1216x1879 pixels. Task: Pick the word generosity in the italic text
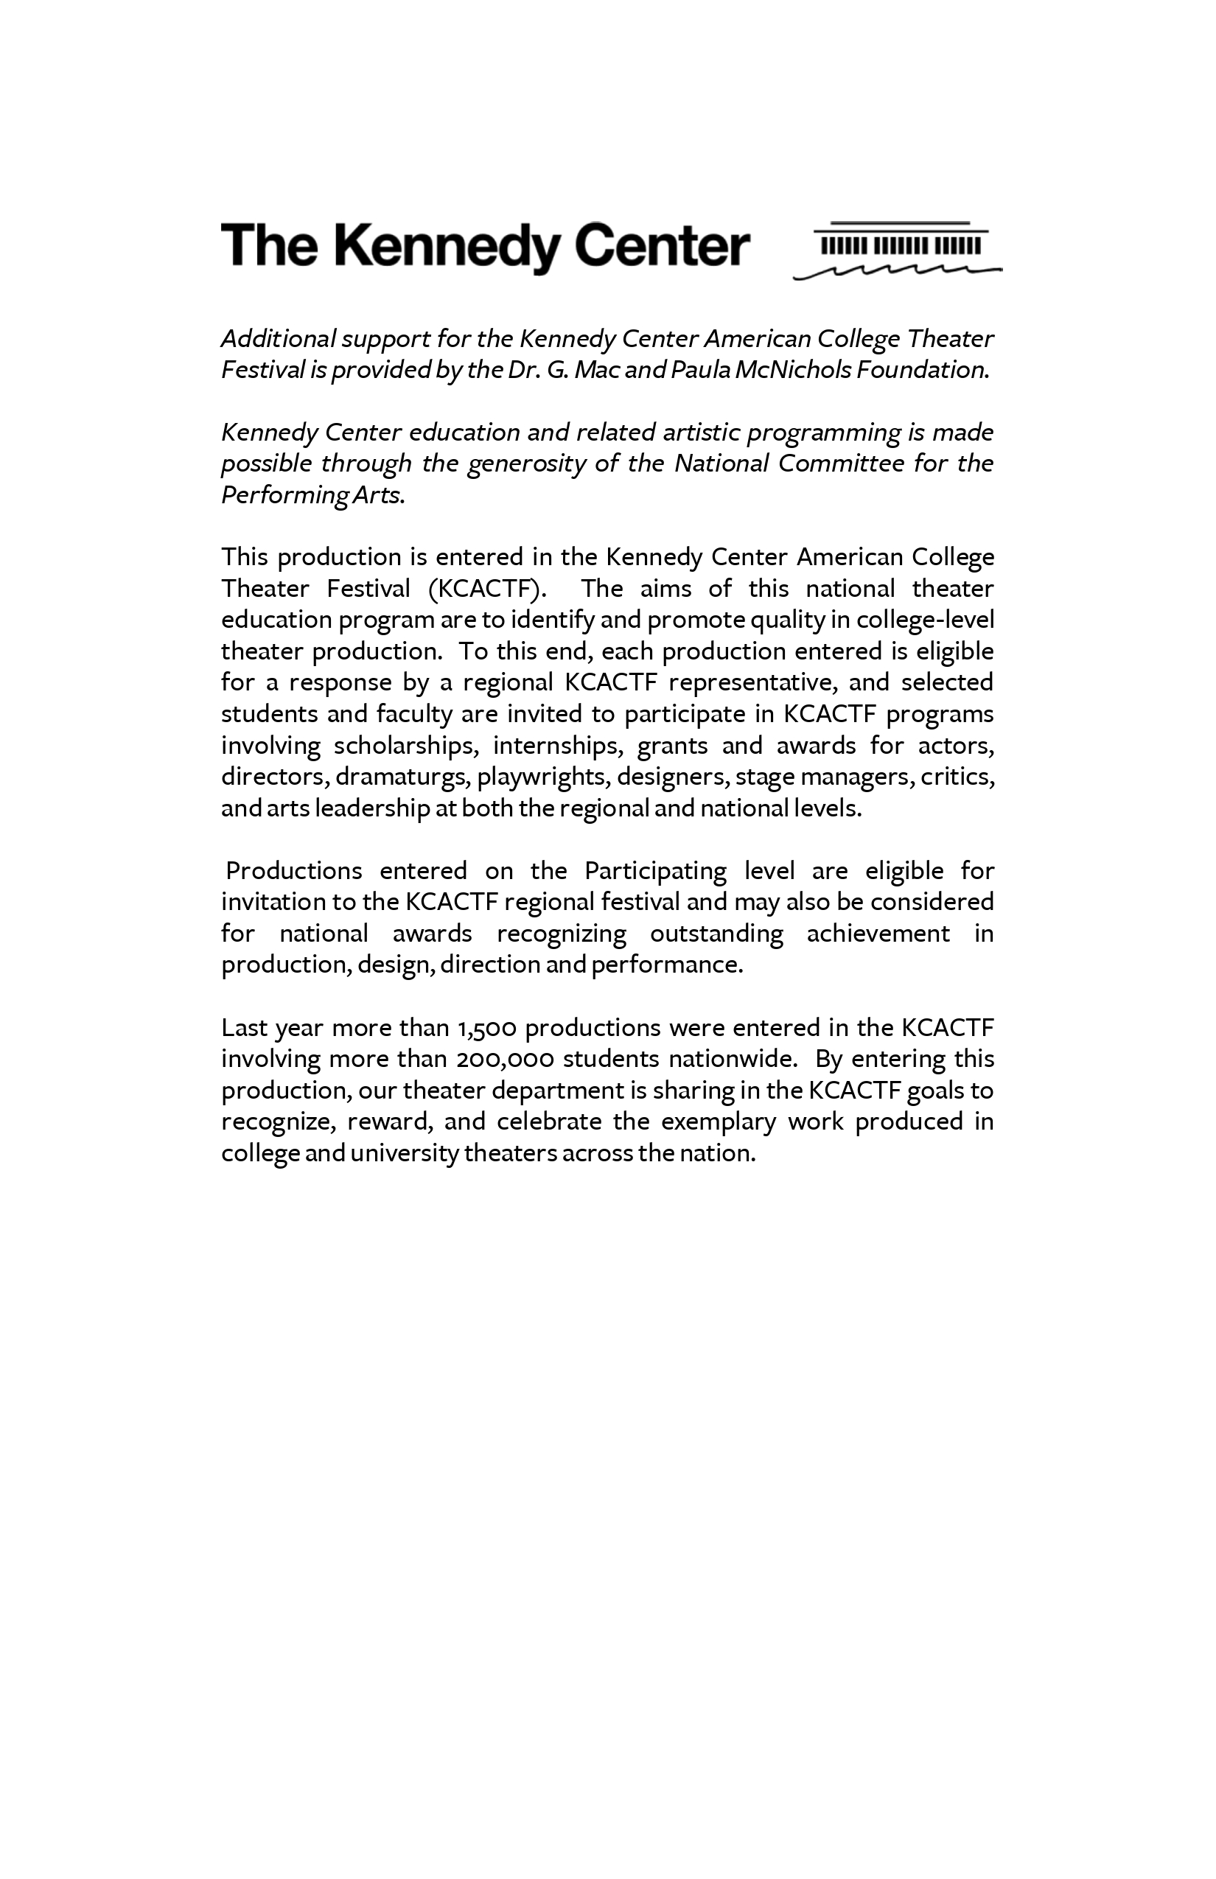(x=527, y=463)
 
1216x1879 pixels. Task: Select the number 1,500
(x=486, y=1028)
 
